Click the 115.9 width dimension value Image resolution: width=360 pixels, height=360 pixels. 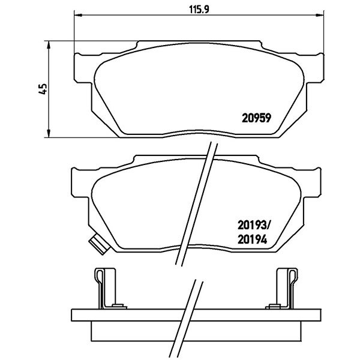(x=199, y=9)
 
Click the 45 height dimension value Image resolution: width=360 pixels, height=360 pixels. (x=43, y=89)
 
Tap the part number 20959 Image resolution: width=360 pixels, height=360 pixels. (x=256, y=118)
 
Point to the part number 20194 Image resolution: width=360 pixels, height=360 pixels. (x=253, y=240)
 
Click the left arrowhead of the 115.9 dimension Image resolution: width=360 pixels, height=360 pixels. (x=78, y=16)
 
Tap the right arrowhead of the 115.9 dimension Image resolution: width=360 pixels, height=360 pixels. (x=320, y=16)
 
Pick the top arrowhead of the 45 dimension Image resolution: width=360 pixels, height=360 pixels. (x=49, y=45)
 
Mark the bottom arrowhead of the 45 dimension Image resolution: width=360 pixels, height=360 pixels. (x=49, y=134)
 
